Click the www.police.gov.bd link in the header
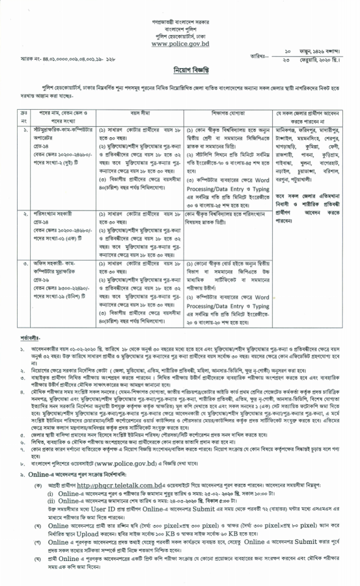coord(180,44)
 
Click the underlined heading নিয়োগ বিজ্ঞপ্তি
coord(180,70)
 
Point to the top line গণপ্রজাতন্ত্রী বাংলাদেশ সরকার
coord(180,23)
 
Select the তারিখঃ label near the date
coord(259,56)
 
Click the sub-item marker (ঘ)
coord(38,559)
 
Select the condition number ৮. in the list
coord(23,465)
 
